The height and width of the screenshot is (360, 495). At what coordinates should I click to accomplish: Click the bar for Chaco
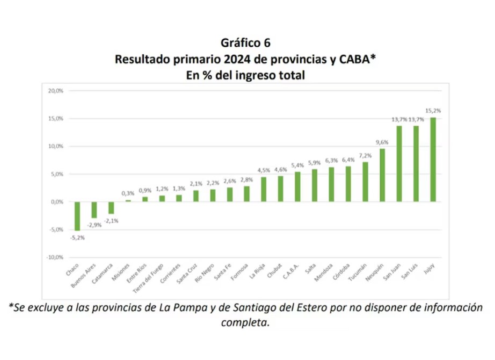(x=77, y=216)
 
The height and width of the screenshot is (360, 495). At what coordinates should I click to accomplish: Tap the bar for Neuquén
(x=382, y=175)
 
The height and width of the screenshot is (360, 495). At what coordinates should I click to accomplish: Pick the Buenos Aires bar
(x=94, y=210)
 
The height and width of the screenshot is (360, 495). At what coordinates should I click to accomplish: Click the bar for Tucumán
(x=365, y=182)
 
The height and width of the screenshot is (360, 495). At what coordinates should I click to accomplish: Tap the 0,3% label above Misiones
(x=128, y=193)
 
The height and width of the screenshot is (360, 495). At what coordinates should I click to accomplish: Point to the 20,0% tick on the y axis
(x=55, y=90)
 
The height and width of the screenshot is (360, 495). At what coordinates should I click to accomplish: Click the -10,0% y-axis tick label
(x=54, y=257)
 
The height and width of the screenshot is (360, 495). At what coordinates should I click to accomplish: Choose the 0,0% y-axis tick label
(x=56, y=201)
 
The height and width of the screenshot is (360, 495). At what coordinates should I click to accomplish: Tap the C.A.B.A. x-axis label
(x=288, y=273)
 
